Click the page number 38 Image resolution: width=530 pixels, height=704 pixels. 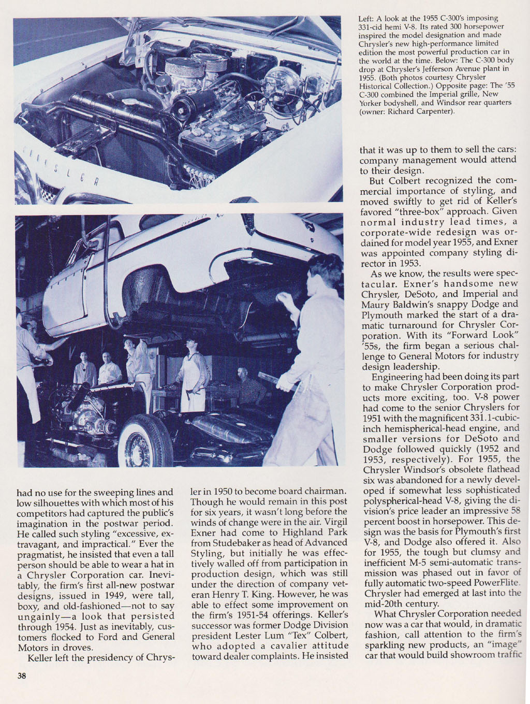21,676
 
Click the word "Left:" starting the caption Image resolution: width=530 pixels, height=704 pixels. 367,19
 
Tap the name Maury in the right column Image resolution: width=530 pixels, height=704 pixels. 376,305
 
